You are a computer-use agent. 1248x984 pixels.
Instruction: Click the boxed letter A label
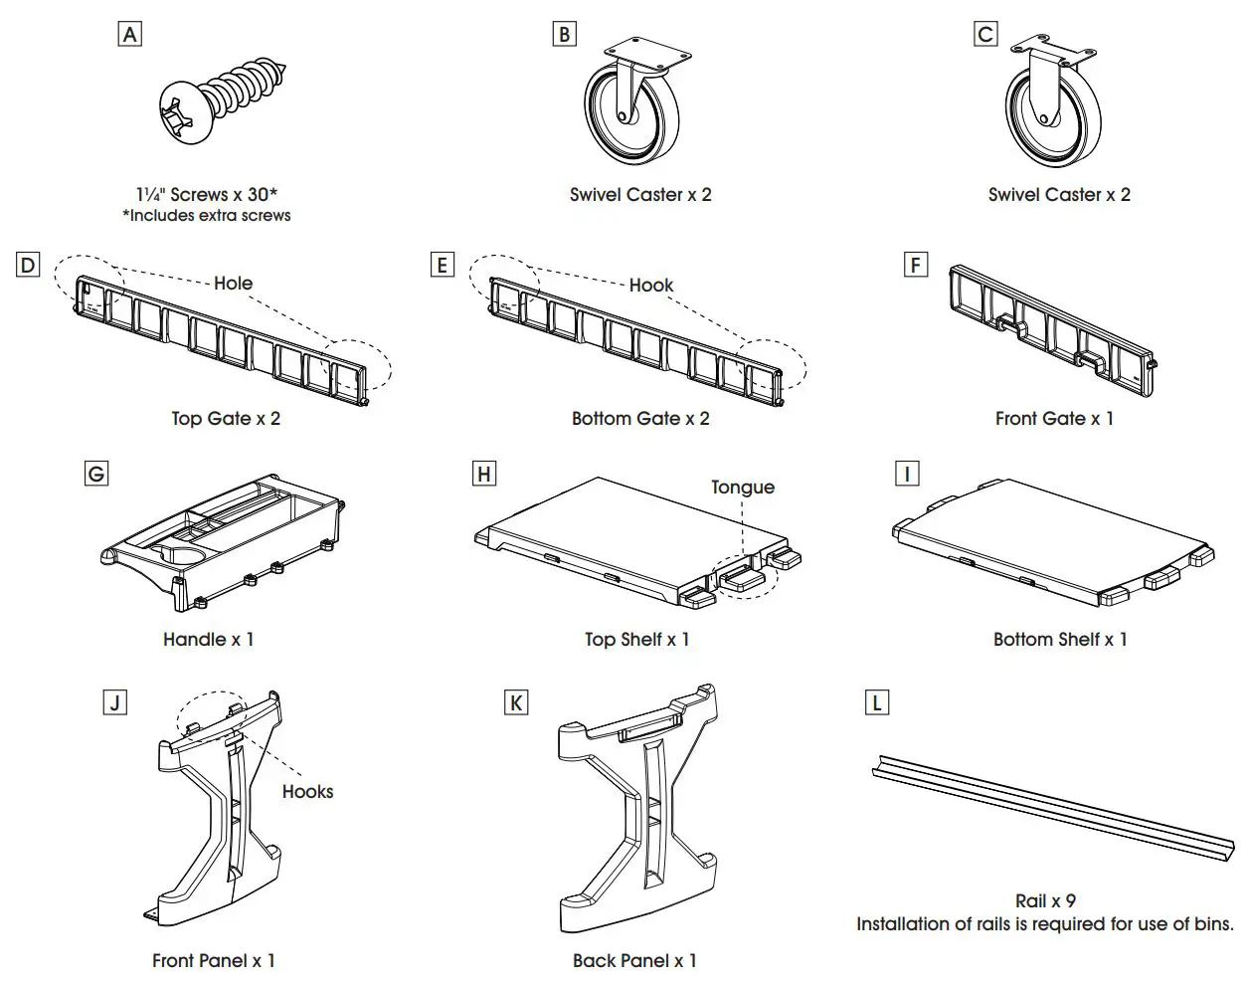click(x=129, y=35)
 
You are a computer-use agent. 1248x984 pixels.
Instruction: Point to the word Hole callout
click(x=233, y=284)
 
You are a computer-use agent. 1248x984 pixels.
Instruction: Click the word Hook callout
click(x=651, y=286)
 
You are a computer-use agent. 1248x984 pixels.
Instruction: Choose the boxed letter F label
click(x=915, y=265)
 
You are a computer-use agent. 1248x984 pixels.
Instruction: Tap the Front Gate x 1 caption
click(x=1054, y=419)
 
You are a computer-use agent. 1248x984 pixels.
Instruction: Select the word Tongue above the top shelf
click(x=742, y=488)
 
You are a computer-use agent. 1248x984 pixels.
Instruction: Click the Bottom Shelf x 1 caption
click(x=1060, y=640)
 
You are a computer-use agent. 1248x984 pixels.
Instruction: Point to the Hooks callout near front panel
click(x=307, y=792)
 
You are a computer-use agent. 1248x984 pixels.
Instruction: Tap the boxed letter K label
click(x=515, y=703)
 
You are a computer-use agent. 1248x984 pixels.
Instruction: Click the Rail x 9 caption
click(x=1045, y=900)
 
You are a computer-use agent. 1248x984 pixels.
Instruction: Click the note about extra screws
click(x=207, y=216)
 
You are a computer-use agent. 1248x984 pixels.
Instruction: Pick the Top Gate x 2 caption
click(x=226, y=419)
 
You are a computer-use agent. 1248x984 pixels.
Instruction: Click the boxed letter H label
click(x=484, y=474)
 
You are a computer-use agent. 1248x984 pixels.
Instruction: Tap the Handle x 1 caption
click(x=209, y=640)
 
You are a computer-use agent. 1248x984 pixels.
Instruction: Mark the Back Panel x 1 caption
click(x=634, y=961)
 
